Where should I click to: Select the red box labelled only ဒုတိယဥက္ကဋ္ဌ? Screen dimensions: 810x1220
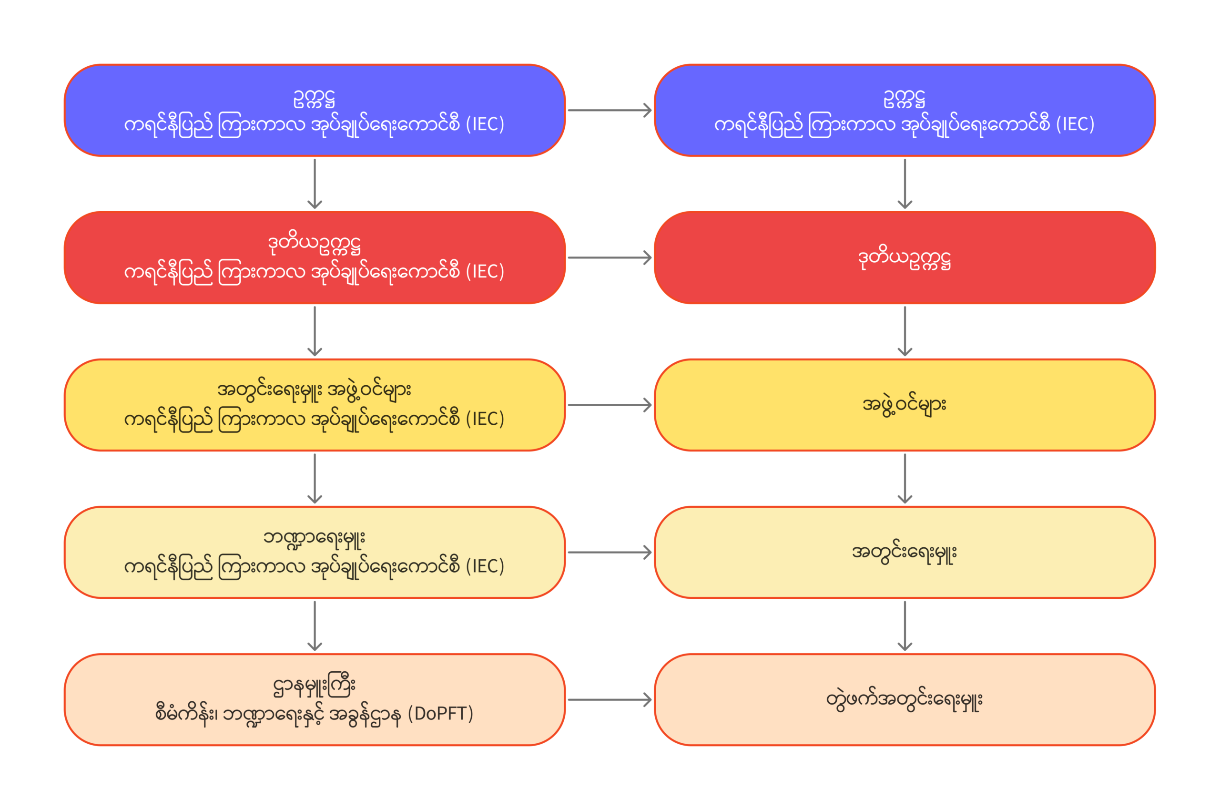(x=905, y=257)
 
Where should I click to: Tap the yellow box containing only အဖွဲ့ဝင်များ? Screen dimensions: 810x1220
(x=905, y=405)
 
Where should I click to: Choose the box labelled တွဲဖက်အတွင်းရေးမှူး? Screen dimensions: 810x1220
(x=905, y=700)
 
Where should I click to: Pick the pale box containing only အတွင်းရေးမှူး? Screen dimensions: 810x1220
(x=905, y=552)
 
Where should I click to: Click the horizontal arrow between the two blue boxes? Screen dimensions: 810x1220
(x=609, y=110)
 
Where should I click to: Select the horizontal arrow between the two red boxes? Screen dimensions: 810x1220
(x=609, y=257)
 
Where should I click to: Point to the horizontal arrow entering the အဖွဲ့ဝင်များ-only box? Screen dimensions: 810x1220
(x=609, y=405)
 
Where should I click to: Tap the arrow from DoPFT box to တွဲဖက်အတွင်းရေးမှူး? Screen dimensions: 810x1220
(x=609, y=700)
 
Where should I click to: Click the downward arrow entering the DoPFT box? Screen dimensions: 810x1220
(x=315, y=625)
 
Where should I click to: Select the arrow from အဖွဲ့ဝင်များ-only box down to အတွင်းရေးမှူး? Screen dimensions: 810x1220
(x=905, y=478)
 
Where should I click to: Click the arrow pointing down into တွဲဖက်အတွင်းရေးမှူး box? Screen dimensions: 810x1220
(x=905, y=625)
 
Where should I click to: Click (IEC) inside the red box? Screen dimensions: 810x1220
(x=485, y=272)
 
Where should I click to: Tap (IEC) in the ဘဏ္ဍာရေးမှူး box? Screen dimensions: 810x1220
(x=485, y=566)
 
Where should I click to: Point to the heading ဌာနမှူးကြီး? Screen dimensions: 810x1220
(x=315, y=686)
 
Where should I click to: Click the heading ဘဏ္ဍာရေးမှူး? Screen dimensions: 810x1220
(x=315, y=538)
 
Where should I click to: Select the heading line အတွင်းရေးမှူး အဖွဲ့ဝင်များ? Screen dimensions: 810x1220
(x=315, y=390)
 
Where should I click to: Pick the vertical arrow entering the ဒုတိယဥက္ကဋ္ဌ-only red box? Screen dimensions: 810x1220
(x=905, y=184)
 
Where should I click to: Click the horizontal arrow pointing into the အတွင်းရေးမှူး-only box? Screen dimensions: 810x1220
(x=609, y=552)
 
